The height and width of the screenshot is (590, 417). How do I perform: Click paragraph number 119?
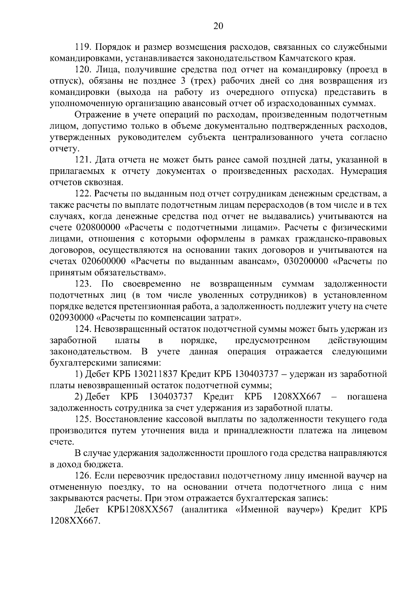pyautogui.click(x=83, y=47)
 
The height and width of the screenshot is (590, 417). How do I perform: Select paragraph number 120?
pyautogui.click(x=83, y=70)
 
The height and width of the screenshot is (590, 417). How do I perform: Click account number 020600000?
pyautogui.click(x=104, y=261)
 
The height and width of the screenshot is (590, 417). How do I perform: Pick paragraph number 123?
pyautogui.click(x=83, y=284)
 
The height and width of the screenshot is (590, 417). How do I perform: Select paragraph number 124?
pyautogui.click(x=83, y=329)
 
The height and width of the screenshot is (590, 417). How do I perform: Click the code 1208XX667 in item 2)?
pyautogui.click(x=297, y=397)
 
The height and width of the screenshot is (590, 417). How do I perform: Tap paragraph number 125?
pyautogui.click(x=83, y=419)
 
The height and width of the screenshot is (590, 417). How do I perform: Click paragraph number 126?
pyautogui.click(x=83, y=476)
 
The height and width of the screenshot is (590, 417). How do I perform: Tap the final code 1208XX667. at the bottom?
pyautogui.click(x=74, y=521)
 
